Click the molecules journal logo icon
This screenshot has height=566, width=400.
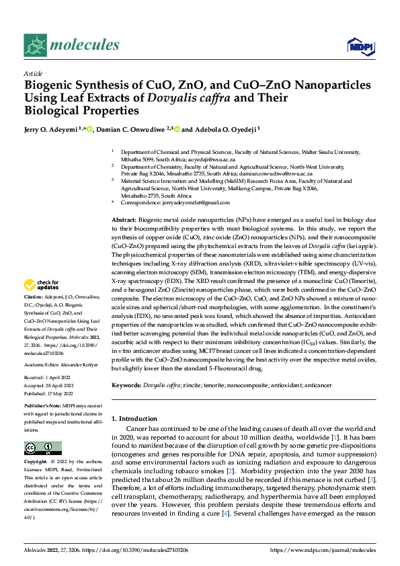tap(36, 45)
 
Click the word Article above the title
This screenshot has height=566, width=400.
tap(33, 73)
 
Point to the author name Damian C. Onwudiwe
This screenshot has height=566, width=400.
tap(132, 129)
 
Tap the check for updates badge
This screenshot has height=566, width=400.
tap(42, 285)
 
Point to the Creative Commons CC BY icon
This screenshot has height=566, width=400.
tap(42, 448)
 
